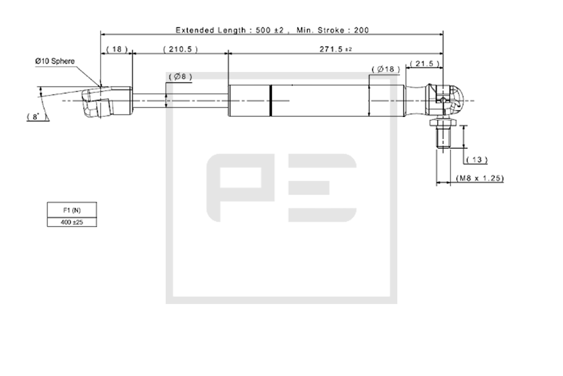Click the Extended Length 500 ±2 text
pyautogui.click(x=230, y=30)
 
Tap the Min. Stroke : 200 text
pyautogui.click(x=333, y=30)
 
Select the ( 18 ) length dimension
pyautogui.click(x=117, y=49)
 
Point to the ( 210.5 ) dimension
pyautogui.click(x=180, y=49)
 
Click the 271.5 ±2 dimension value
pyautogui.click(x=336, y=49)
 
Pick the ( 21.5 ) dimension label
pyautogui.click(x=425, y=64)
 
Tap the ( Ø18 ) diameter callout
pyautogui.click(x=385, y=69)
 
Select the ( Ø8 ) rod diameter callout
pyautogui.click(x=180, y=76)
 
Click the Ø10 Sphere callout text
pyautogui.click(x=55, y=61)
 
